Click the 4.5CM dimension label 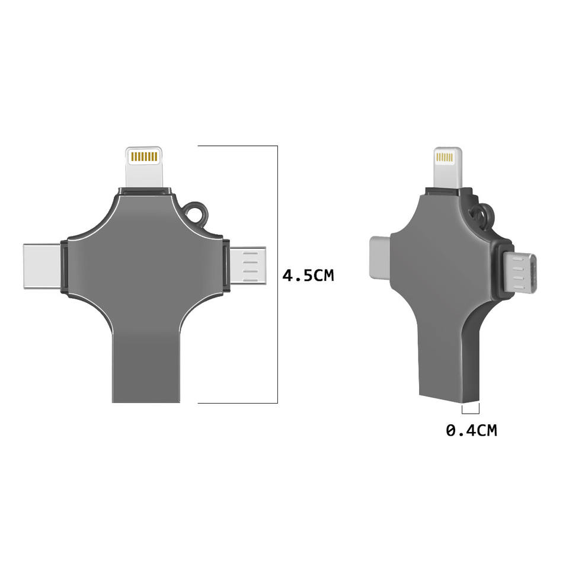308,276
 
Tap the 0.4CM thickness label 471,430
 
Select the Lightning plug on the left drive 144,167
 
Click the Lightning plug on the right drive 448,168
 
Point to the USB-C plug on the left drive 41,266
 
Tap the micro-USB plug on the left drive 248,265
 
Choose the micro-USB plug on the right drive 520,273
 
